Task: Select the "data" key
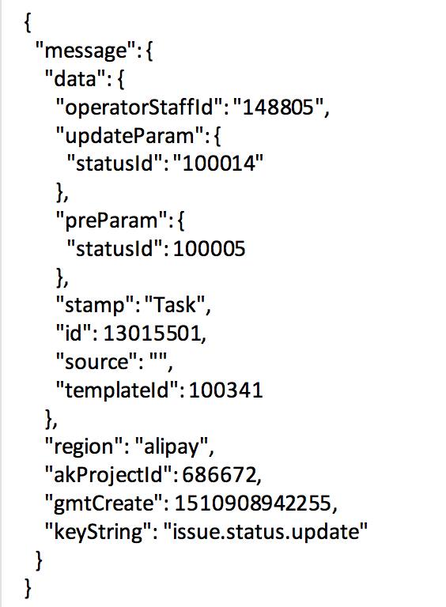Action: click(75, 78)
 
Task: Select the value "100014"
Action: click(218, 163)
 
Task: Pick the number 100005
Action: click(209, 248)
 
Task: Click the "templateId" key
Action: click(117, 390)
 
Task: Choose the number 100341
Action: click(225, 390)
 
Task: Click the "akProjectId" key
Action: click(108, 475)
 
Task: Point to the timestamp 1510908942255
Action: click(253, 503)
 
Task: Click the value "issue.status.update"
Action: click(265, 532)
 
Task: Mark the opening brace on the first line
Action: click(28, 23)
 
